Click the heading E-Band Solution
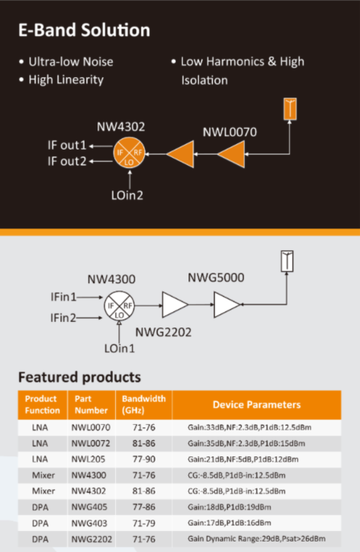[85, 30]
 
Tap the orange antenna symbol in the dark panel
[290, 109]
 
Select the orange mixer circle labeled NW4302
[129, 153]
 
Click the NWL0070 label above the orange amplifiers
[230, 132]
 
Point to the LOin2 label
[127, 195]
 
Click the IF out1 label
[67, 145]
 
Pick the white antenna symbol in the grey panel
[287, 261]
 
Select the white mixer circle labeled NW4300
[119, 306]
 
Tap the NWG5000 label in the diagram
[216, 278]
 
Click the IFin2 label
[63, 318]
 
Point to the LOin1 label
[119, 348]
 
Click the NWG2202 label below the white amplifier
[163, 332]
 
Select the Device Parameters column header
[257, 405]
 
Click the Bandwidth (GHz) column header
[143, 405]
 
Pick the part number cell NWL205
[89, 459]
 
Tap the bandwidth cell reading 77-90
[143, 459]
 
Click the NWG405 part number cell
[89, 507]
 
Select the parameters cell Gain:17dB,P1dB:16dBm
[230, 523]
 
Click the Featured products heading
[80, 377]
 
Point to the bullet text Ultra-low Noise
[71, 62]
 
